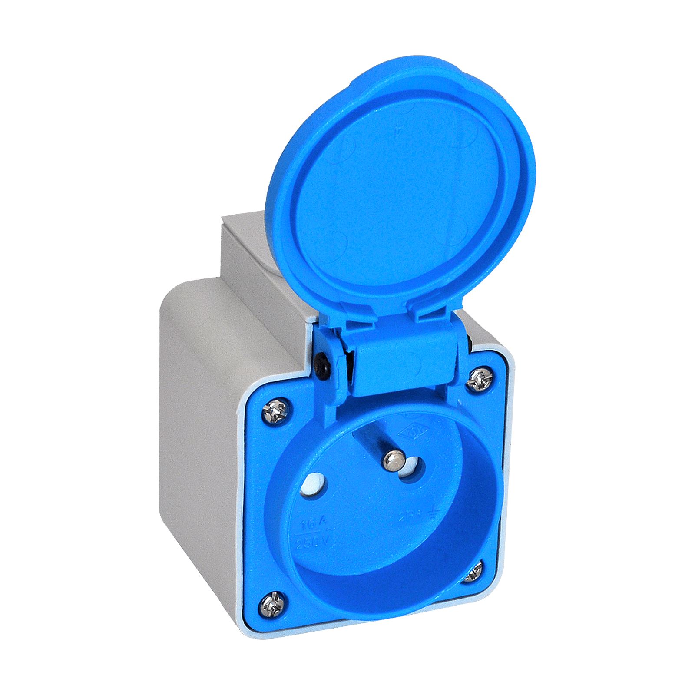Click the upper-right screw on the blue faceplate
point(481,381)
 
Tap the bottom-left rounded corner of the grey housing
point(241,625)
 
